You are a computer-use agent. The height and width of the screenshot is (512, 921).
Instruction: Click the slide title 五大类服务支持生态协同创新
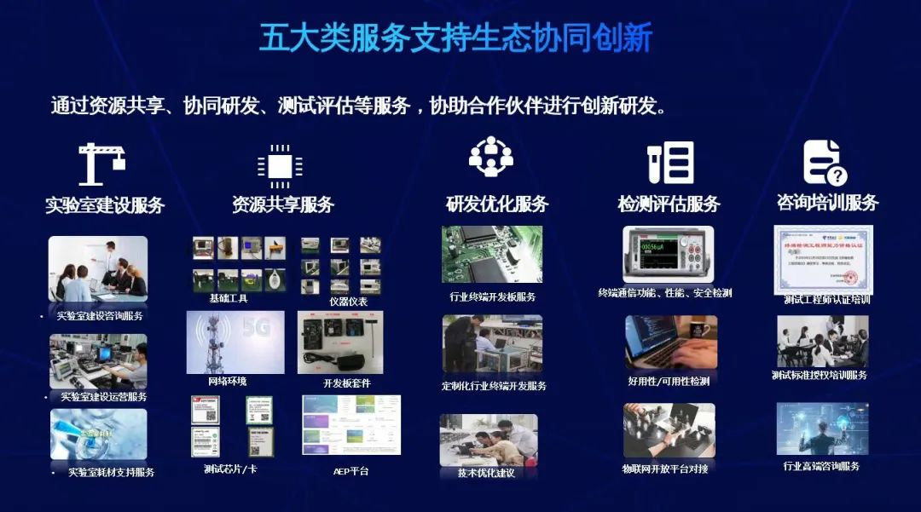point(456,38)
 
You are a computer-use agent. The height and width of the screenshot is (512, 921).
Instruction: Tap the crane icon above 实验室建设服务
point(102,164)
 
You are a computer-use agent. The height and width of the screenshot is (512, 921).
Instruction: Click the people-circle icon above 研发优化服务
point(491,158)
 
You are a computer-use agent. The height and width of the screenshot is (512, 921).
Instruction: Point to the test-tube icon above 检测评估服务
point(670,163)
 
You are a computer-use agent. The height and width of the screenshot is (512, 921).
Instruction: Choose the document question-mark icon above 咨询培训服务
point(825,163)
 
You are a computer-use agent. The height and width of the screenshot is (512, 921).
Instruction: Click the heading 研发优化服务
point(497,204)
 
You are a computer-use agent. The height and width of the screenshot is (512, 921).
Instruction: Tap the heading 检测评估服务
point(669,204)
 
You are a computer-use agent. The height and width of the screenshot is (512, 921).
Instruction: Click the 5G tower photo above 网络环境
point(235,342)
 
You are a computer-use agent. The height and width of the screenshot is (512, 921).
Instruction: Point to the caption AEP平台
point(350,470)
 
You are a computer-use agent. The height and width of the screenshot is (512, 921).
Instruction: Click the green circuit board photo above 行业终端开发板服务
point(492,254)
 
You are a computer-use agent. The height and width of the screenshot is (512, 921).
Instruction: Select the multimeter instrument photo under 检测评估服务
point(669,254)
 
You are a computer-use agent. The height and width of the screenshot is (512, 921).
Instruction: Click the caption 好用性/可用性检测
point(669,381)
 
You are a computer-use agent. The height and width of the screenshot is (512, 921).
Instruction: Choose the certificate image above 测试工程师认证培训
point(822,259)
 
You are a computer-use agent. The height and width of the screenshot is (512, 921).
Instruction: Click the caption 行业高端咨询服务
point(821,466)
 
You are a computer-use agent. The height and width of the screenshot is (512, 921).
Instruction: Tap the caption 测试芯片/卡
point(230,469)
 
